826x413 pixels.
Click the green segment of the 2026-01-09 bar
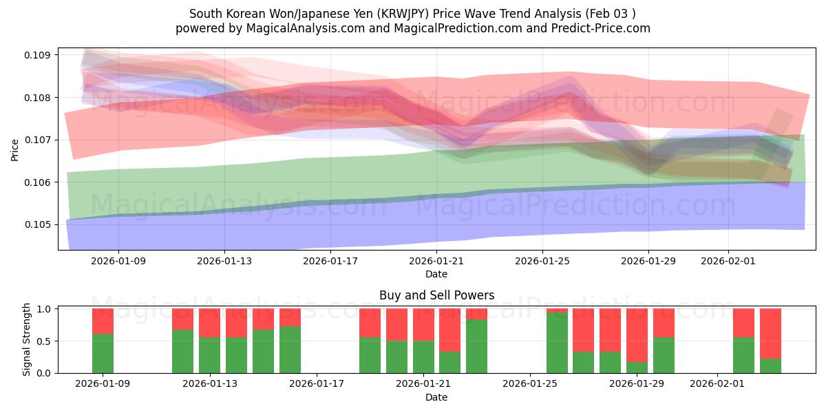[103, 353]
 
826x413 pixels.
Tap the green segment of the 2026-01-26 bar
[557, 343]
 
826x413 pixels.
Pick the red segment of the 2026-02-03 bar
[770, 333]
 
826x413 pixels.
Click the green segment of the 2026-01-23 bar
[476, 346]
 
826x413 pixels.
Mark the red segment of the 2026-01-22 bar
[449, 330]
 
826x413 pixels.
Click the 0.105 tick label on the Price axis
[39, 224]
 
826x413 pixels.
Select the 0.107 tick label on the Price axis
[39, 140]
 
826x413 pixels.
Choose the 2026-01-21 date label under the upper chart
[436, 261]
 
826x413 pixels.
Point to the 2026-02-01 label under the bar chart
[717, 384]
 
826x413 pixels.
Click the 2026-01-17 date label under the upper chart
[330, 261]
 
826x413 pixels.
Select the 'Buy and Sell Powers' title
[436, 295]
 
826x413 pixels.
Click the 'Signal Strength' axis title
[28, 339]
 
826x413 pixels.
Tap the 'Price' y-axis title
[15, 149]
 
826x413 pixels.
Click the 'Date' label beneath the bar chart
[436, 397]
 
